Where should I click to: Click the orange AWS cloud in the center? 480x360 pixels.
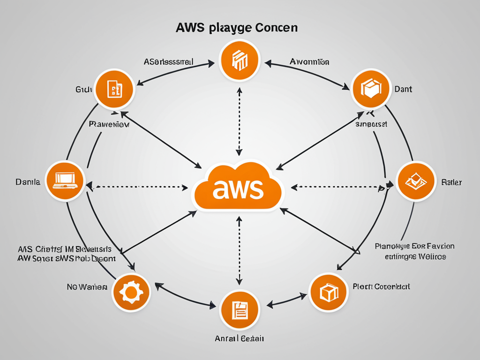pyautogui.click(x=238, y=187)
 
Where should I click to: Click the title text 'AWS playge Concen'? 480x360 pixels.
pyautogui.click(x=237, y=28)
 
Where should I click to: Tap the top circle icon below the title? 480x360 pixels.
pyautogui.click(x=240, y=61)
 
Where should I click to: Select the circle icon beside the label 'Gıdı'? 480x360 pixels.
pyautogui.click(x=115, y=89)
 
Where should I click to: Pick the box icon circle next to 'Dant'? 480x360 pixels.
pyautogui.click(x=371, y=89)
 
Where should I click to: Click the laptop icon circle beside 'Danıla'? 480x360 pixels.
pyautogui.click(x=65, y=181)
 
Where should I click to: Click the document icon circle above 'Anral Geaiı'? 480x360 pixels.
pyautogui.click(x=240, y=309)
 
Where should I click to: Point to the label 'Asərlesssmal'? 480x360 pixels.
pyautogui.click(x=169, y=61)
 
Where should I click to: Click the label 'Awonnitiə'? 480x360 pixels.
pyautogui.click(x=309, y=61)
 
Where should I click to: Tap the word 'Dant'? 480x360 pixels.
pyautogui.click(x=403, y=89)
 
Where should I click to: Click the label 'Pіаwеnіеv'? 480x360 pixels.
pyautogui.click(x=109, y=125)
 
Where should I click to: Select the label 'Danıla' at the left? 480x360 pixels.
pyautogui.click(x=28, y=182)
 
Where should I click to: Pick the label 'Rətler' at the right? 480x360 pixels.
pyautogui.click(x=451, y=182)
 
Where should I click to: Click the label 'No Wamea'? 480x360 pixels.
pyautogui.click(x=87, y=286)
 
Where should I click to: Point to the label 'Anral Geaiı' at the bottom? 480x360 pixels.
pyautogui.click(x=240, y=338)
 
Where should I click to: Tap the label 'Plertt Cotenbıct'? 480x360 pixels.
pyautogui.click(x=382, y=286)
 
